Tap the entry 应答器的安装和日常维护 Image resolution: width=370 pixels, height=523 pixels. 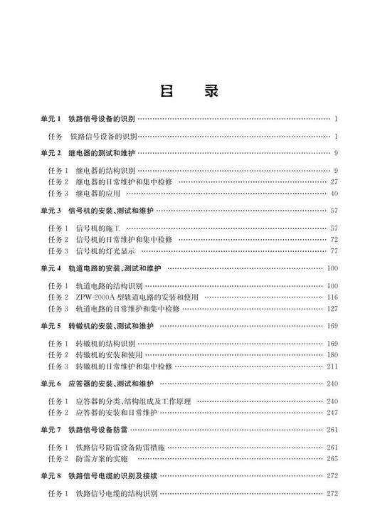[116, 412]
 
